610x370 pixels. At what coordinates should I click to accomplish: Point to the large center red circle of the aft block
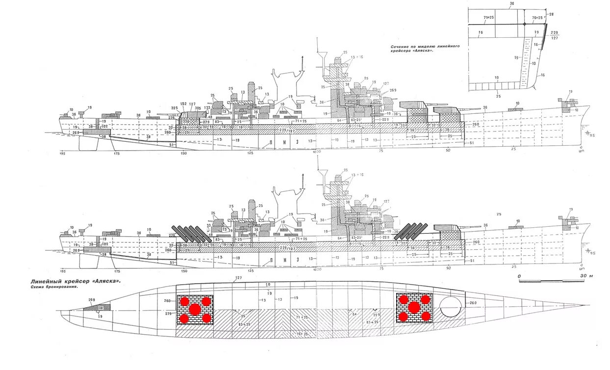[195, 309]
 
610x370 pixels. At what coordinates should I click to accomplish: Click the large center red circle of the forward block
[414, 308]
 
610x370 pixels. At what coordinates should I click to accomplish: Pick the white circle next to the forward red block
[450, 307]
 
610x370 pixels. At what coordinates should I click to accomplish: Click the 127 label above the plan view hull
[238, 279]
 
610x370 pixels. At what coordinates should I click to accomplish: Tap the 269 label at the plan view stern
[91, 299]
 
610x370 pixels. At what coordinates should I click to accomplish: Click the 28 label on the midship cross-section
[551, 15]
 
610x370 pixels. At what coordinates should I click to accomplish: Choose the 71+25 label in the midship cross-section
[489, 18]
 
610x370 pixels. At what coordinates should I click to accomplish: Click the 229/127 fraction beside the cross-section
[555, 35]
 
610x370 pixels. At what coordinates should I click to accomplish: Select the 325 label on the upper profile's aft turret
[174, 108]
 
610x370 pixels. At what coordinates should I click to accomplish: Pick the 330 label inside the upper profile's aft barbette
[185, 122]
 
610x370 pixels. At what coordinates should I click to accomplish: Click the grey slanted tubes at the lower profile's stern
[191, 235]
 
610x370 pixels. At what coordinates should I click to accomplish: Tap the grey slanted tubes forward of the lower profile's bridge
[411, 231]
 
